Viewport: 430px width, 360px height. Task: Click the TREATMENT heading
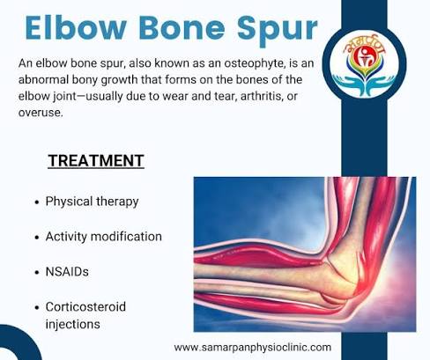coord(96,161)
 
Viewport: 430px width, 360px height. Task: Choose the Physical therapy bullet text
coord(93,201)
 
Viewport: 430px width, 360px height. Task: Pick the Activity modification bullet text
coord(104,237)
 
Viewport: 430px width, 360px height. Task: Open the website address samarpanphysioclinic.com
coord(253,347)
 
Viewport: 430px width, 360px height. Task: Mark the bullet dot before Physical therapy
coord(36,202)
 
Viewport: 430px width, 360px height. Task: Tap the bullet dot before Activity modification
coord(36,238)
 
